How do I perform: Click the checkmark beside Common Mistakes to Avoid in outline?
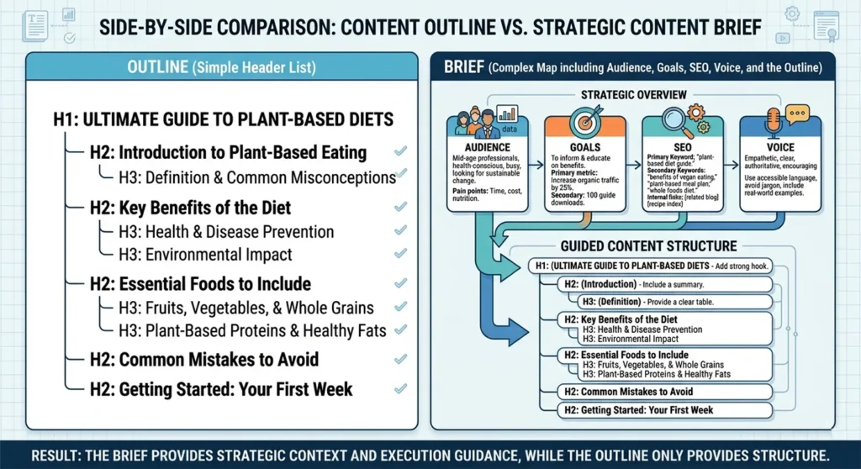click(400, 360)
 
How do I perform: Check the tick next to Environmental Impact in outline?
click(400, 255)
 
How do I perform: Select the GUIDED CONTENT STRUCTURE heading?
click(647, 246)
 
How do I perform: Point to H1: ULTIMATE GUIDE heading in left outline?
click(223, 119)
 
